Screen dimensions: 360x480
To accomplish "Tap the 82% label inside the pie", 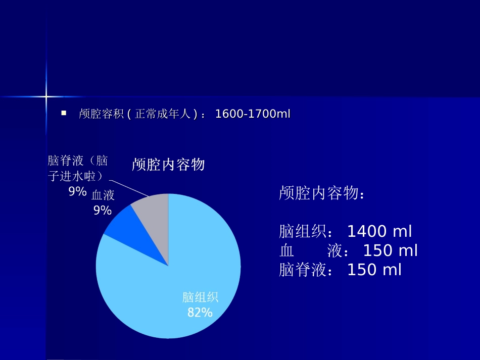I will pos(200,313).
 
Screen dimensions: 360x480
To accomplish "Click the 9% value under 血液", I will pos(102,211).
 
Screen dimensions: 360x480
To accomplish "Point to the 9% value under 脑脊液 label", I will pos(78,191).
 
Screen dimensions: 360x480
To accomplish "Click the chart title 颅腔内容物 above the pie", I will pos(168,165).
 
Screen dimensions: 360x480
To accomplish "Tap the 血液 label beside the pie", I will pos(103,195).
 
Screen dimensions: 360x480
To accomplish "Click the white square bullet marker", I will pos(64,114).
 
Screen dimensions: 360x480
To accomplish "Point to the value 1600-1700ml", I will pos(253,114).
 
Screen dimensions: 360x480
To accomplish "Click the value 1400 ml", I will pos(379,232).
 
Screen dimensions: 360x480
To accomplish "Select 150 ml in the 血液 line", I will pos(391,251).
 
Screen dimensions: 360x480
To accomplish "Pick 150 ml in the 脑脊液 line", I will pos(374,270).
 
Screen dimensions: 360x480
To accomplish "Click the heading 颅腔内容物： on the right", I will pos(321,193).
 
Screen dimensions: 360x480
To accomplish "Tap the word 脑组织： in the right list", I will pos(306,232).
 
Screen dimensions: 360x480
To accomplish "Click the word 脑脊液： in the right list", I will pos(306,270).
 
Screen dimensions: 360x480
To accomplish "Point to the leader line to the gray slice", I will pos(129,188).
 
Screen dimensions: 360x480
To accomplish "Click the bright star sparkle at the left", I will pos(46,96).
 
